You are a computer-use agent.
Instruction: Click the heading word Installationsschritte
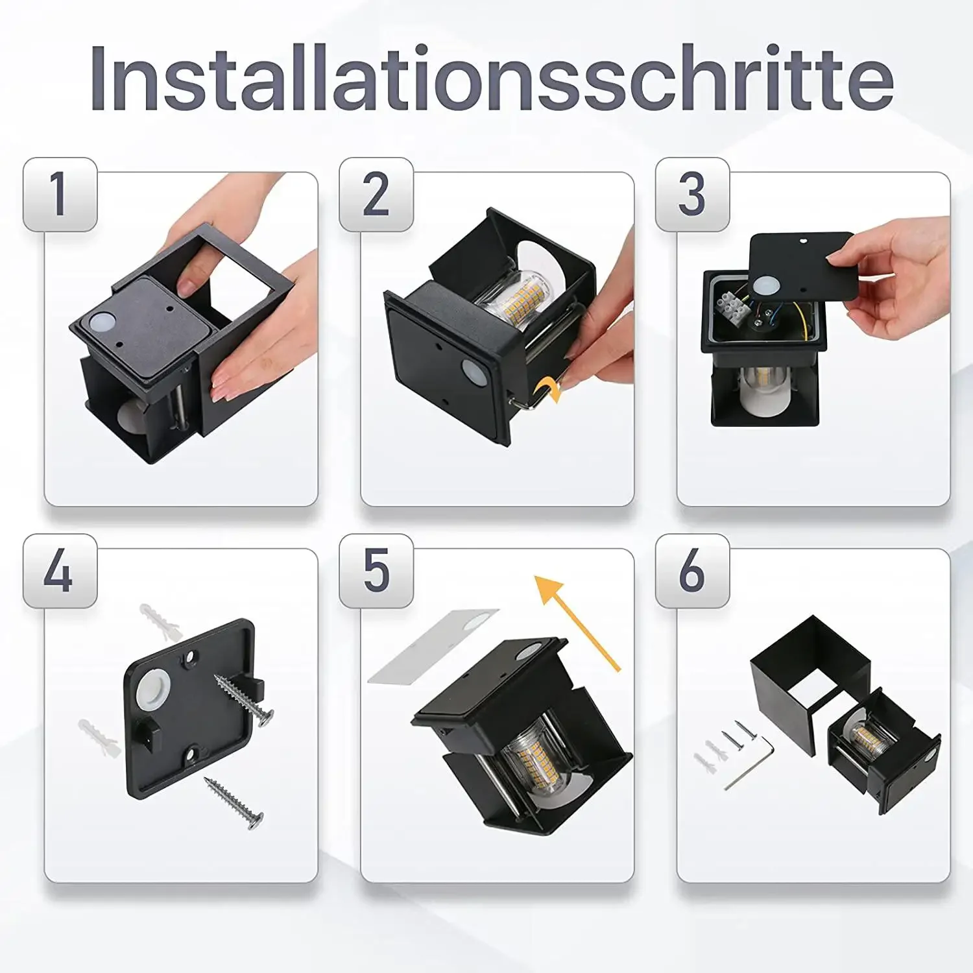pos(492,79)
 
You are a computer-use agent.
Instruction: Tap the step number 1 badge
pos(60,195)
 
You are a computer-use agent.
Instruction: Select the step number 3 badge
pos(692,195)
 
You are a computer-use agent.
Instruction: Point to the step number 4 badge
pos(60,571)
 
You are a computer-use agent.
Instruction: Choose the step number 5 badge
pos(376,571)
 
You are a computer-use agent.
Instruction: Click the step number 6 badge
pos(692,571)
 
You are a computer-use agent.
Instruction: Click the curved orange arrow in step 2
pos(547,391)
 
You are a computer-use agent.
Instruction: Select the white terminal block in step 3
pos(734,303)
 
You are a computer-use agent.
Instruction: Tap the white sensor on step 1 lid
pos(102,322)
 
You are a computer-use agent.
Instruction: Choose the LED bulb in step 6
pos(869,739)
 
